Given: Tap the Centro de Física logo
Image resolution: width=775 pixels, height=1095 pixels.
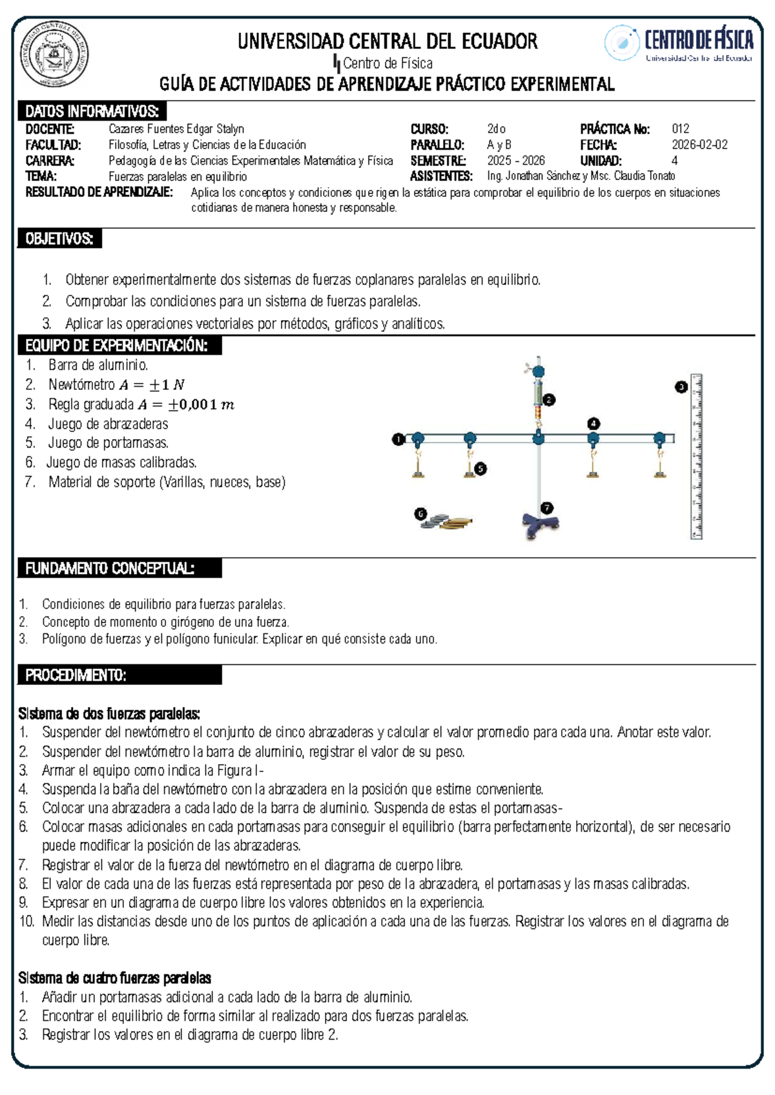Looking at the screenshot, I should pyautogui.click(x=678, y=43).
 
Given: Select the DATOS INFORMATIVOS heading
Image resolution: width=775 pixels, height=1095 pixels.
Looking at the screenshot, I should pyautogui.click(x=92, y=111).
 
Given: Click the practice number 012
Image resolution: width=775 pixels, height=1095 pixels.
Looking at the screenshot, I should pyautogui.click(x=680, y=129).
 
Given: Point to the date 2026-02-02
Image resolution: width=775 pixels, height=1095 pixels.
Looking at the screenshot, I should pyautogui.click(x=699, y=145).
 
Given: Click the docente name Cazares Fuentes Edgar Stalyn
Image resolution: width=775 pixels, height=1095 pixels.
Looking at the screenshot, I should pyautogui.click(x=176, y=129).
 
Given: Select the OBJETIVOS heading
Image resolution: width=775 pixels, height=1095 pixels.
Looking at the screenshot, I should pyautogui.click(x=59, y=239).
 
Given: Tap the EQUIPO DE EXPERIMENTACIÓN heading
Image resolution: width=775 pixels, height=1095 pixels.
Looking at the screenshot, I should pyautogui.click(x=116, y=346).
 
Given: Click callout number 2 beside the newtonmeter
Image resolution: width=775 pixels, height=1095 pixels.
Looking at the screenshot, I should pyautogui.click(x=549, y=400).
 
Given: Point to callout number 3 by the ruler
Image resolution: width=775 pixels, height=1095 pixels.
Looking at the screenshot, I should pyautogui.click(x=681, y=387).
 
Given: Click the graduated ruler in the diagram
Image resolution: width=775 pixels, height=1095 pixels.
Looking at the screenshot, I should pyautogui.click(x=696, y=456).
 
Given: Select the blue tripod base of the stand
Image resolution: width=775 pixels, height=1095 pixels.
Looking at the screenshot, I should pyautogui.click(x=539, y=523).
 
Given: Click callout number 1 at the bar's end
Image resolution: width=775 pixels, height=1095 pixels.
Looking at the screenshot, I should pyautogui.click(x=398, y=440).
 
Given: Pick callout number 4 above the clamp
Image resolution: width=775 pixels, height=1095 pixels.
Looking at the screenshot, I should pyautogui.click(x=594, y=424).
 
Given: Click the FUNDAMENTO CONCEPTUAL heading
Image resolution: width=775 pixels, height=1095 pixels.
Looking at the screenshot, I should pyautogui.click(x=110, y=569).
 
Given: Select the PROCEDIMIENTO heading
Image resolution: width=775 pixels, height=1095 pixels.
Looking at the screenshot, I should pyautogui.click(x=76, y=675).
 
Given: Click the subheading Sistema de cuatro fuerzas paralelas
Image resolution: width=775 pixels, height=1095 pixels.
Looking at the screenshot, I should pyautogui.click(x=114, y=977).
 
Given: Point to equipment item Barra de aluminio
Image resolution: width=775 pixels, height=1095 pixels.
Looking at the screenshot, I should pyautogui.click(x=98, y=365).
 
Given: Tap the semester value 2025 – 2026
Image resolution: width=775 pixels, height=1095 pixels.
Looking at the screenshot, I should pyautogui.click(x=515, y=161).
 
